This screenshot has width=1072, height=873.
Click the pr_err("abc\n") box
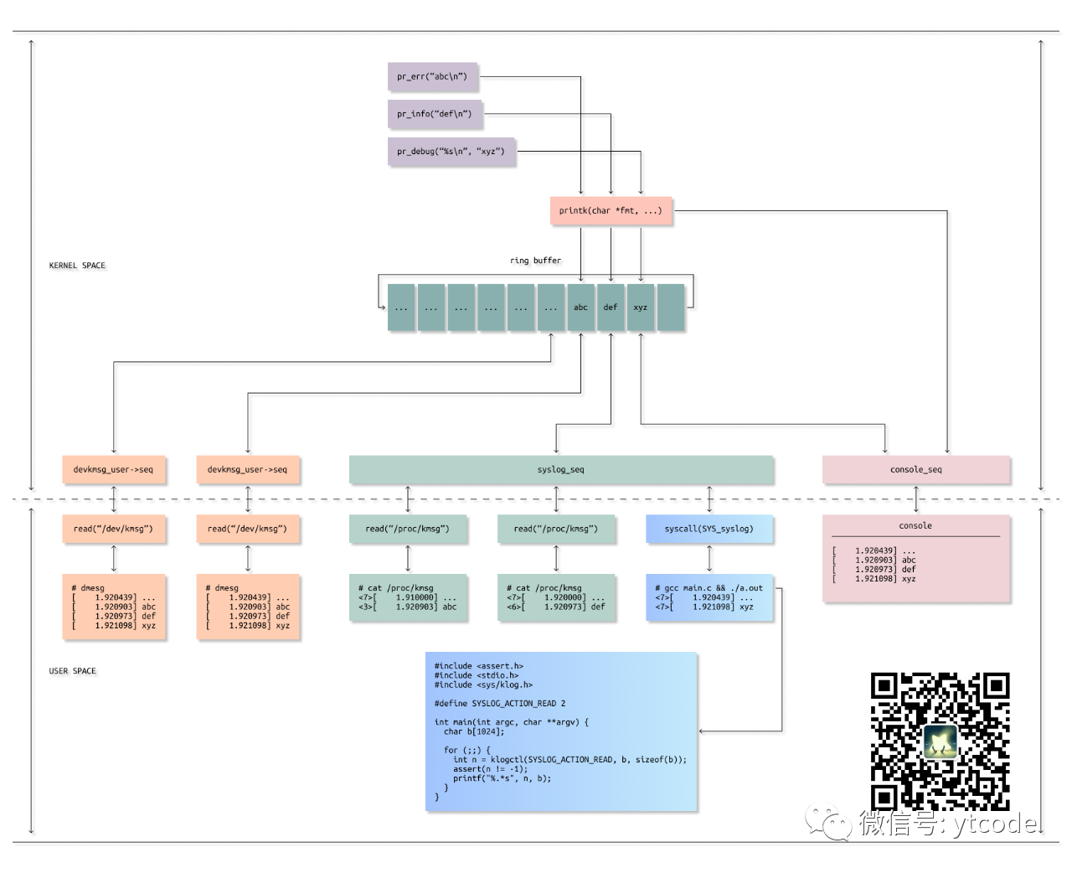click(432, 76)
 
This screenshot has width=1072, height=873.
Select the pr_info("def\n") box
click(435, 114)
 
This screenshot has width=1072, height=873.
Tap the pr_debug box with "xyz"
click(451, 152)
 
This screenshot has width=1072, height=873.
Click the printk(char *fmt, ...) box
click(611, 210)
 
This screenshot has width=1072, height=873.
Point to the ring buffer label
click(535, 261)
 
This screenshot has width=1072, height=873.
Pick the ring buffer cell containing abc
click(580, 307)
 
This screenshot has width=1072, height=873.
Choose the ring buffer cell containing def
click(611, 307)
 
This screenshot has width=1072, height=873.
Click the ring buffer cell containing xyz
click(641, 307)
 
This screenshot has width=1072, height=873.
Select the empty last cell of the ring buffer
click(671, 307)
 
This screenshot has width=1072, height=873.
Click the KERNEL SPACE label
click(77, 266)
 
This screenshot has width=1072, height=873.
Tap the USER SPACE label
click(72, 671)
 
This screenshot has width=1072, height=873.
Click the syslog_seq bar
click(560, 470)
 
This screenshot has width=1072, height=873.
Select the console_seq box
click(915, 470)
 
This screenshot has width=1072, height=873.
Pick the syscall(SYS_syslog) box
click(709, 529)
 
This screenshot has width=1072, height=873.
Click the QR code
click(940, 741)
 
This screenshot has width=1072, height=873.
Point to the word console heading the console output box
click(915, 526)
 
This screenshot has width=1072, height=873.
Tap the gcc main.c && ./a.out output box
click(709, 597)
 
